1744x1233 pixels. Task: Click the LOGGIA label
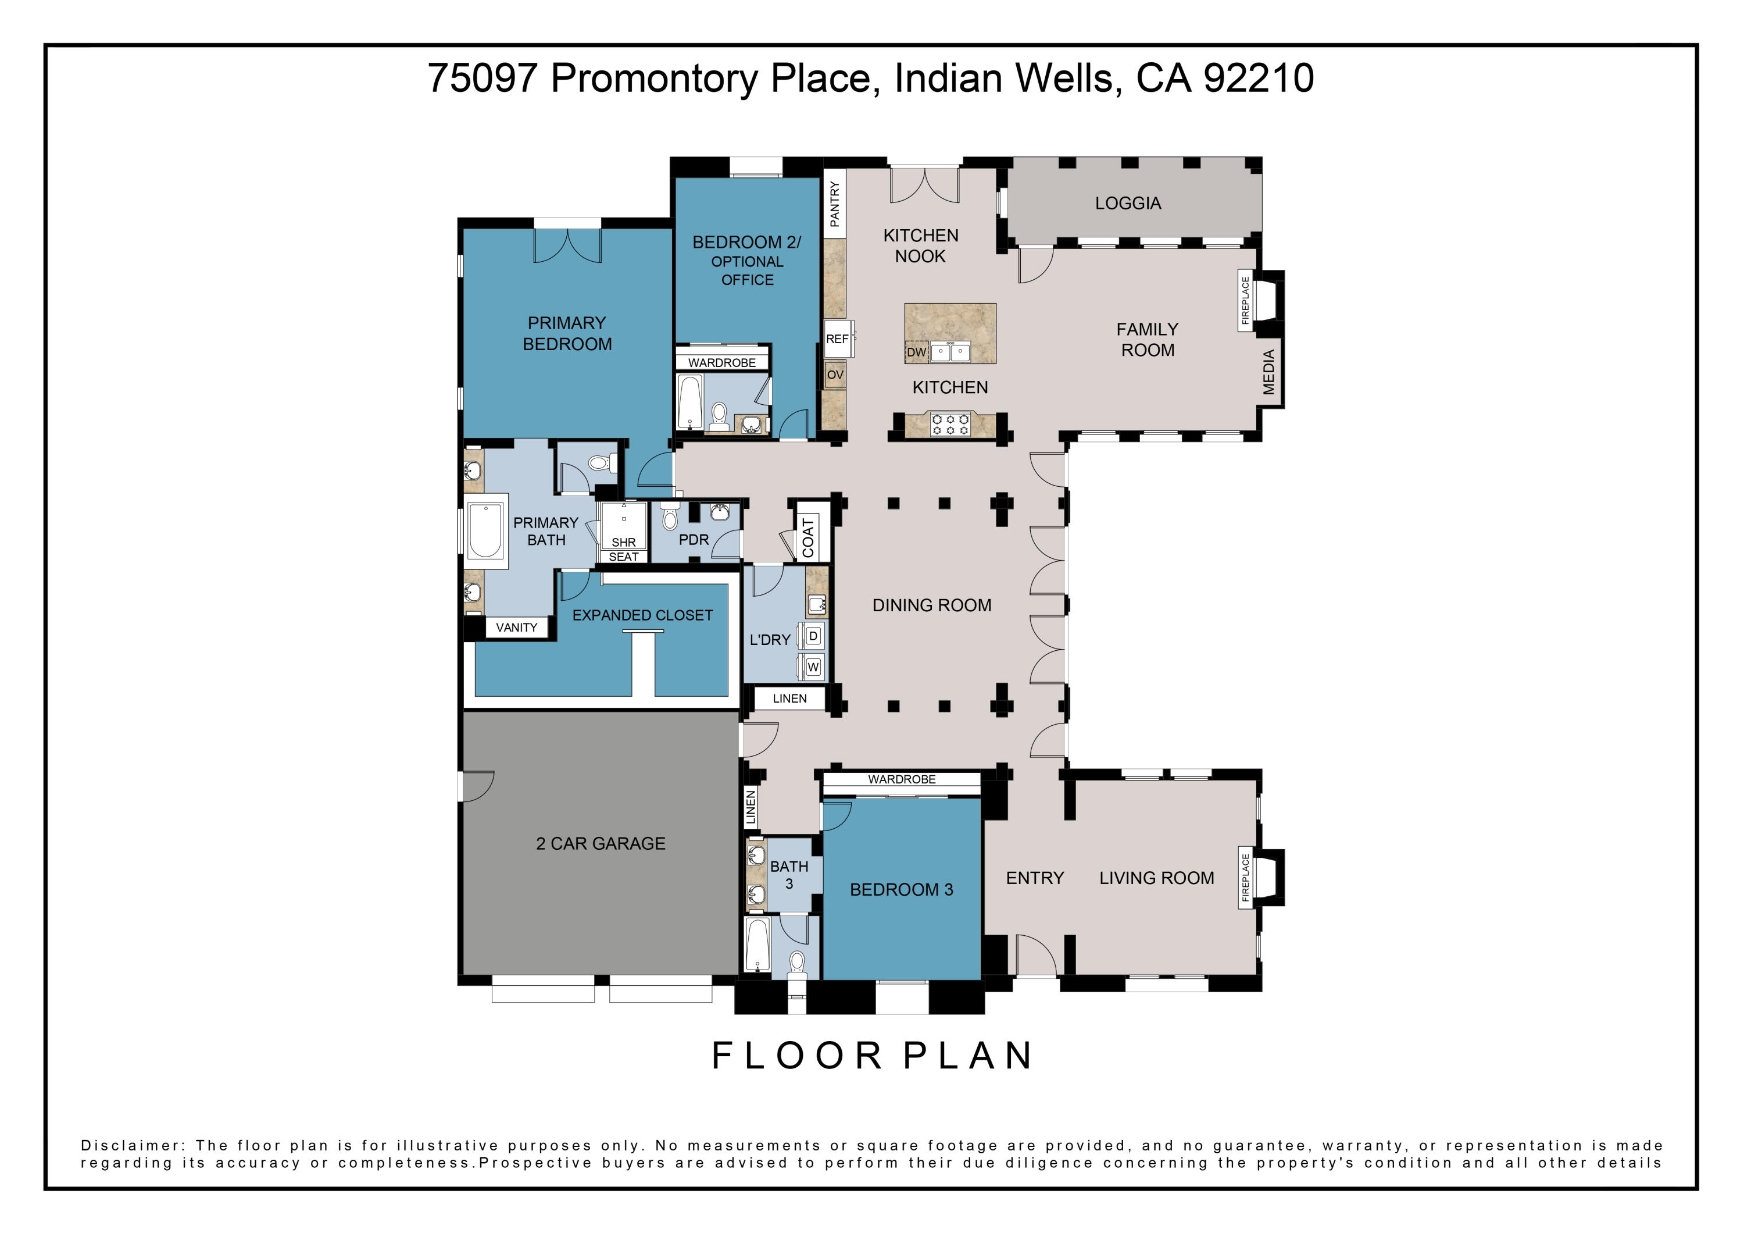[x=1128, y=203]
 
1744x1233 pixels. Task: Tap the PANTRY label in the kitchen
[x=835, y=204]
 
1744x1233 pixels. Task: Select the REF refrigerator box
[x=838, y=339]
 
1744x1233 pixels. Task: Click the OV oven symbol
[x=835, y=375]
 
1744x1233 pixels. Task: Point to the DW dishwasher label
[x=916, y=352]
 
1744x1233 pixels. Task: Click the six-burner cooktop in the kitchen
[x=950, y=424]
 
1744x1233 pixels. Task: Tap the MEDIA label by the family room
[x=1268, y=372]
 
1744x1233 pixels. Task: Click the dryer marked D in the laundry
[x=812, y=635]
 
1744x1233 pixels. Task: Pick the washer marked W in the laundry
[x=812, y=667]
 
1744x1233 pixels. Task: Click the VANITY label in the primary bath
[x=517, y=628]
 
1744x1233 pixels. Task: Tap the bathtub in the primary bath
[x=485, y=530]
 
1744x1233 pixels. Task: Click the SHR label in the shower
[x=624, y=543]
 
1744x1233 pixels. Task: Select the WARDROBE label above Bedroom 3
[x=902, y=779]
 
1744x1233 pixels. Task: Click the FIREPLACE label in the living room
[x=1246, y=878]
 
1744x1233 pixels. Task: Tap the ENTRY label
[x=1035, y=878]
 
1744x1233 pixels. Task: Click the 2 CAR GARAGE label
[x=601, y=843]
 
